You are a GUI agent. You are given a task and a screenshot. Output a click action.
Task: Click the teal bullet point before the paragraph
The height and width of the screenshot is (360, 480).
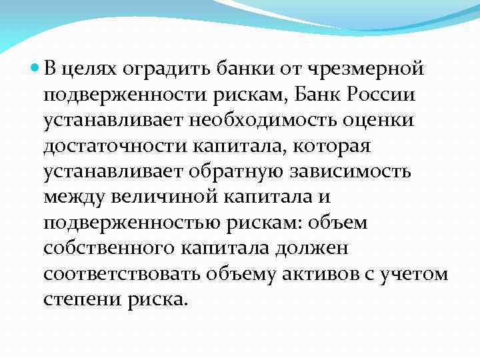35,68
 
